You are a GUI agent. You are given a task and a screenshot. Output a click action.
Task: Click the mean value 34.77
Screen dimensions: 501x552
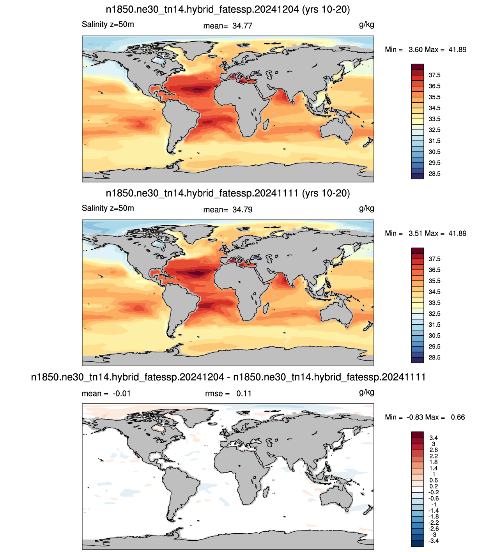(242, 26)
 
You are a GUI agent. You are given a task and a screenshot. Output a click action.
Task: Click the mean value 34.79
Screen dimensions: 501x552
(242, 210)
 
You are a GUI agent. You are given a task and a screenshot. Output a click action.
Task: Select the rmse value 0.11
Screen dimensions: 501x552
(244, 393)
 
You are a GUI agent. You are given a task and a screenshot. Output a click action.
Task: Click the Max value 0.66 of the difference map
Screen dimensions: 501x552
(458, 417)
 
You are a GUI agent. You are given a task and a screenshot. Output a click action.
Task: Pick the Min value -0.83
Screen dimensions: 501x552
(415, 417)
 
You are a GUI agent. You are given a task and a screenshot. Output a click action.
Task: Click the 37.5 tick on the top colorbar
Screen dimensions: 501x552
(434, 75)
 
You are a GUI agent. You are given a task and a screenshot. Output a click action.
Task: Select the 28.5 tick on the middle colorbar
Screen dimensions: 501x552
(434, 357)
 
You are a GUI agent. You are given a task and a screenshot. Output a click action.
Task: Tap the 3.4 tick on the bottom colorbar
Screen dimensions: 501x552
(434, 438)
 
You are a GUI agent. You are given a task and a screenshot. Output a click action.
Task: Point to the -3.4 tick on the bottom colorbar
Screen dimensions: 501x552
(433, 541)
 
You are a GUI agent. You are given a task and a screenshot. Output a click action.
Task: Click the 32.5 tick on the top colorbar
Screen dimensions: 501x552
(434, 130)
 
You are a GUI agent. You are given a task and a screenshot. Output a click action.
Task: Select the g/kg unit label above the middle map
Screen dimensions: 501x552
(366, 208)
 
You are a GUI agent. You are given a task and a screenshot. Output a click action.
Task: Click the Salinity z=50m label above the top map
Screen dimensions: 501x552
(108, 25)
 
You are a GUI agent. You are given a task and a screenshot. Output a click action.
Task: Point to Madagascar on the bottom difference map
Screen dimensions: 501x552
(266, 492)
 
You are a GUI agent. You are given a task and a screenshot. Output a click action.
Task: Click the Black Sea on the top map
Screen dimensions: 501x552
(257, 73)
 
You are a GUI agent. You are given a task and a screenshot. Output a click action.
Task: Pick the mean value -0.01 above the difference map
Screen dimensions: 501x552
(122, 393)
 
